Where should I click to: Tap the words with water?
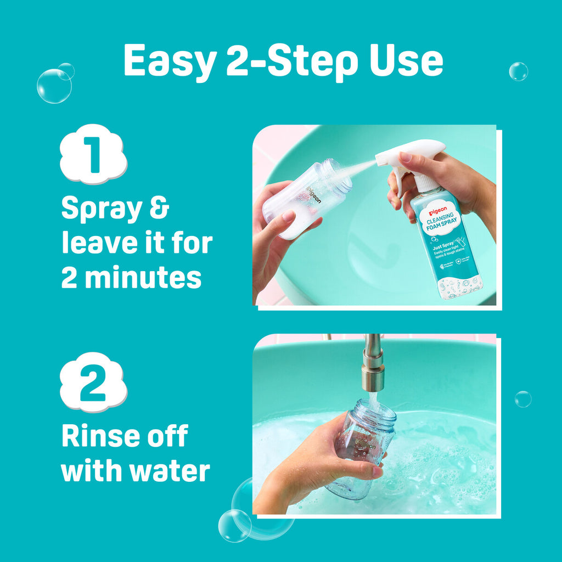tap(136, 471)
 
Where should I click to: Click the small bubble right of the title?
tap(518, 71)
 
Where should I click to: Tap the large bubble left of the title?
tap(54, 86)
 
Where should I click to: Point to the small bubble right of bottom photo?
tap(522, 399)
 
